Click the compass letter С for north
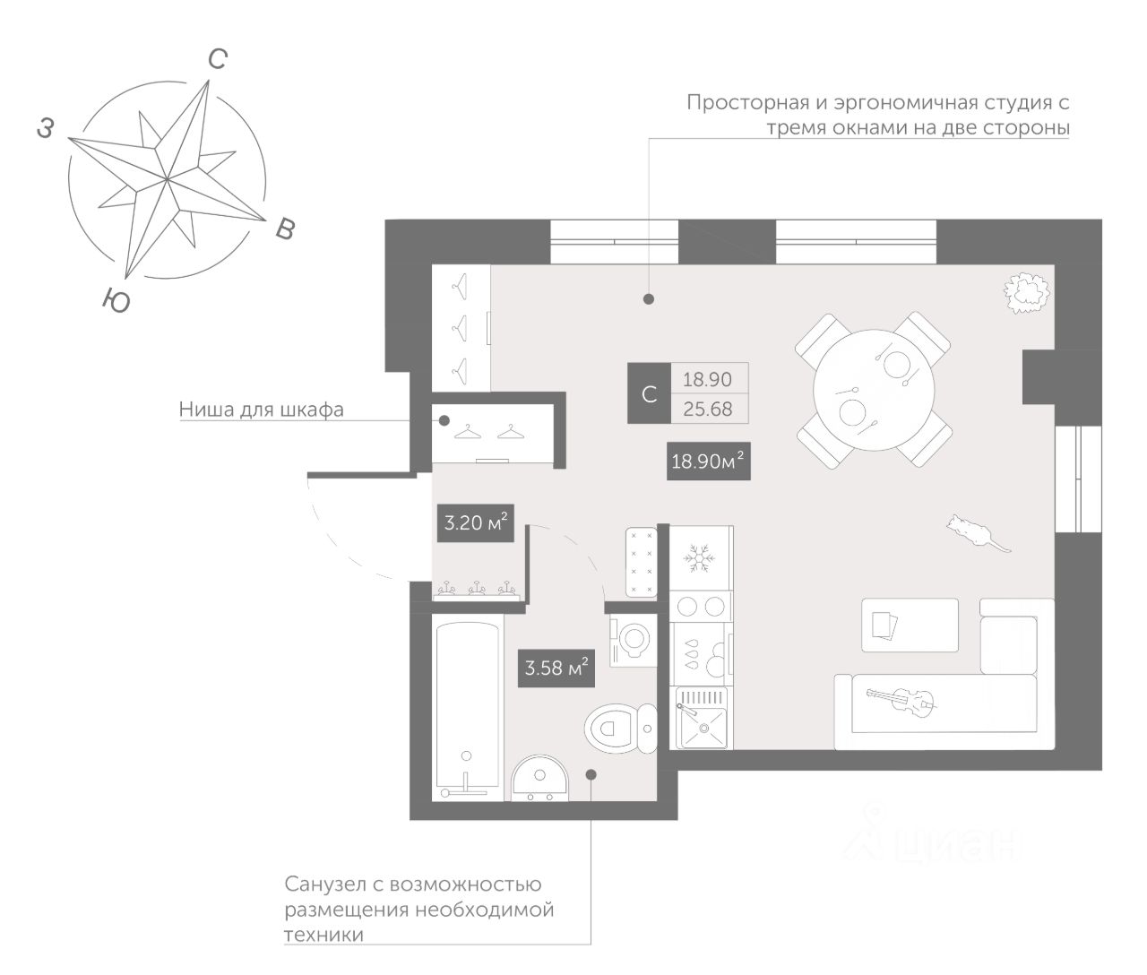(217, 60)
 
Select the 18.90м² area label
(708, 462)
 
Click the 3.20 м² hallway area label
(476, 521)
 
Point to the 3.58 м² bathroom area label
(556, 667)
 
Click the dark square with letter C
(650, 393)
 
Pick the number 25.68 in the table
(707, 410)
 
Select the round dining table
(874, 388)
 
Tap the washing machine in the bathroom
(634, 640)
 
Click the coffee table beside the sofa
(910, 625)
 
